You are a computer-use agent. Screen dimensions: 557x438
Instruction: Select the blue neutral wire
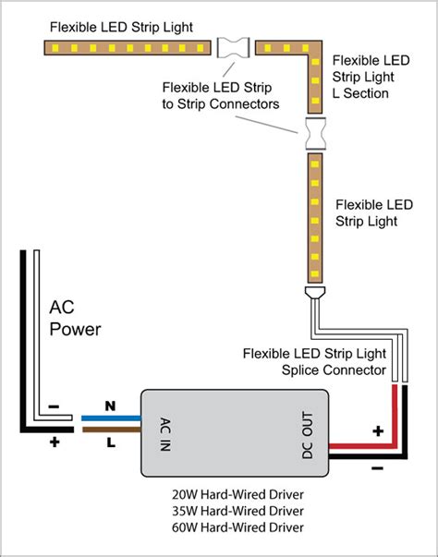112,418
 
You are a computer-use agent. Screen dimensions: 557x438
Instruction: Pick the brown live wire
112,429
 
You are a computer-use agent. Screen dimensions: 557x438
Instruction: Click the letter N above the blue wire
110,405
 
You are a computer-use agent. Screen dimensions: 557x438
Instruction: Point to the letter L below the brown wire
111,443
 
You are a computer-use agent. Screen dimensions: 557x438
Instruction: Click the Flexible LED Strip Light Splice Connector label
313,361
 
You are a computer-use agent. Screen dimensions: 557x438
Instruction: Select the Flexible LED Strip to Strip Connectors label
221,95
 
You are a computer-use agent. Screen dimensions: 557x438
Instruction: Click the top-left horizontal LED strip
129,45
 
